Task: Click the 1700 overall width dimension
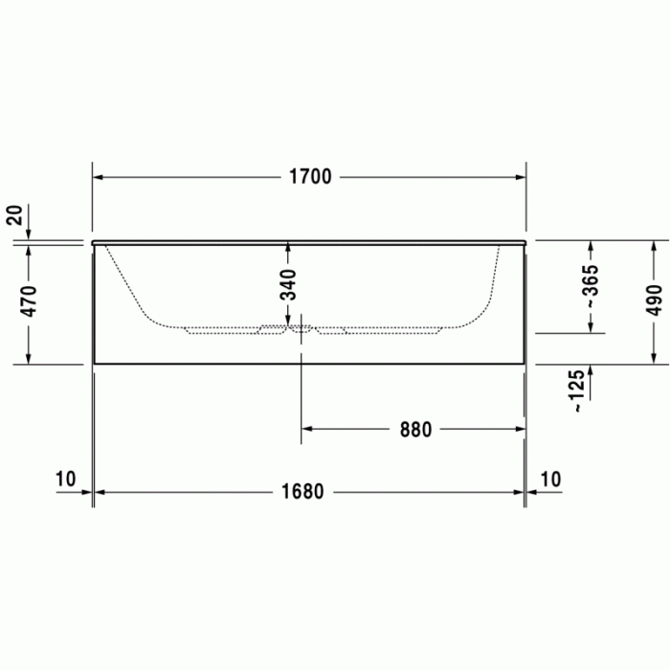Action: point(309,177)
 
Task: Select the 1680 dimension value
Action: point(302,492)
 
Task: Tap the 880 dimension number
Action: point(416,430)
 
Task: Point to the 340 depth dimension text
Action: point(288,285)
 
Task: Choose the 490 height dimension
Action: point(654,301)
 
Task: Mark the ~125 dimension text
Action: point(575,391)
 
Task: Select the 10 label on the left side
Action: point(65,478)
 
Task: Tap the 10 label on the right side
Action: point(551,478)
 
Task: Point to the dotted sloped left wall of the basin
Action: point(124,282)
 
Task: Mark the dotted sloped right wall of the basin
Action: point(491,282)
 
